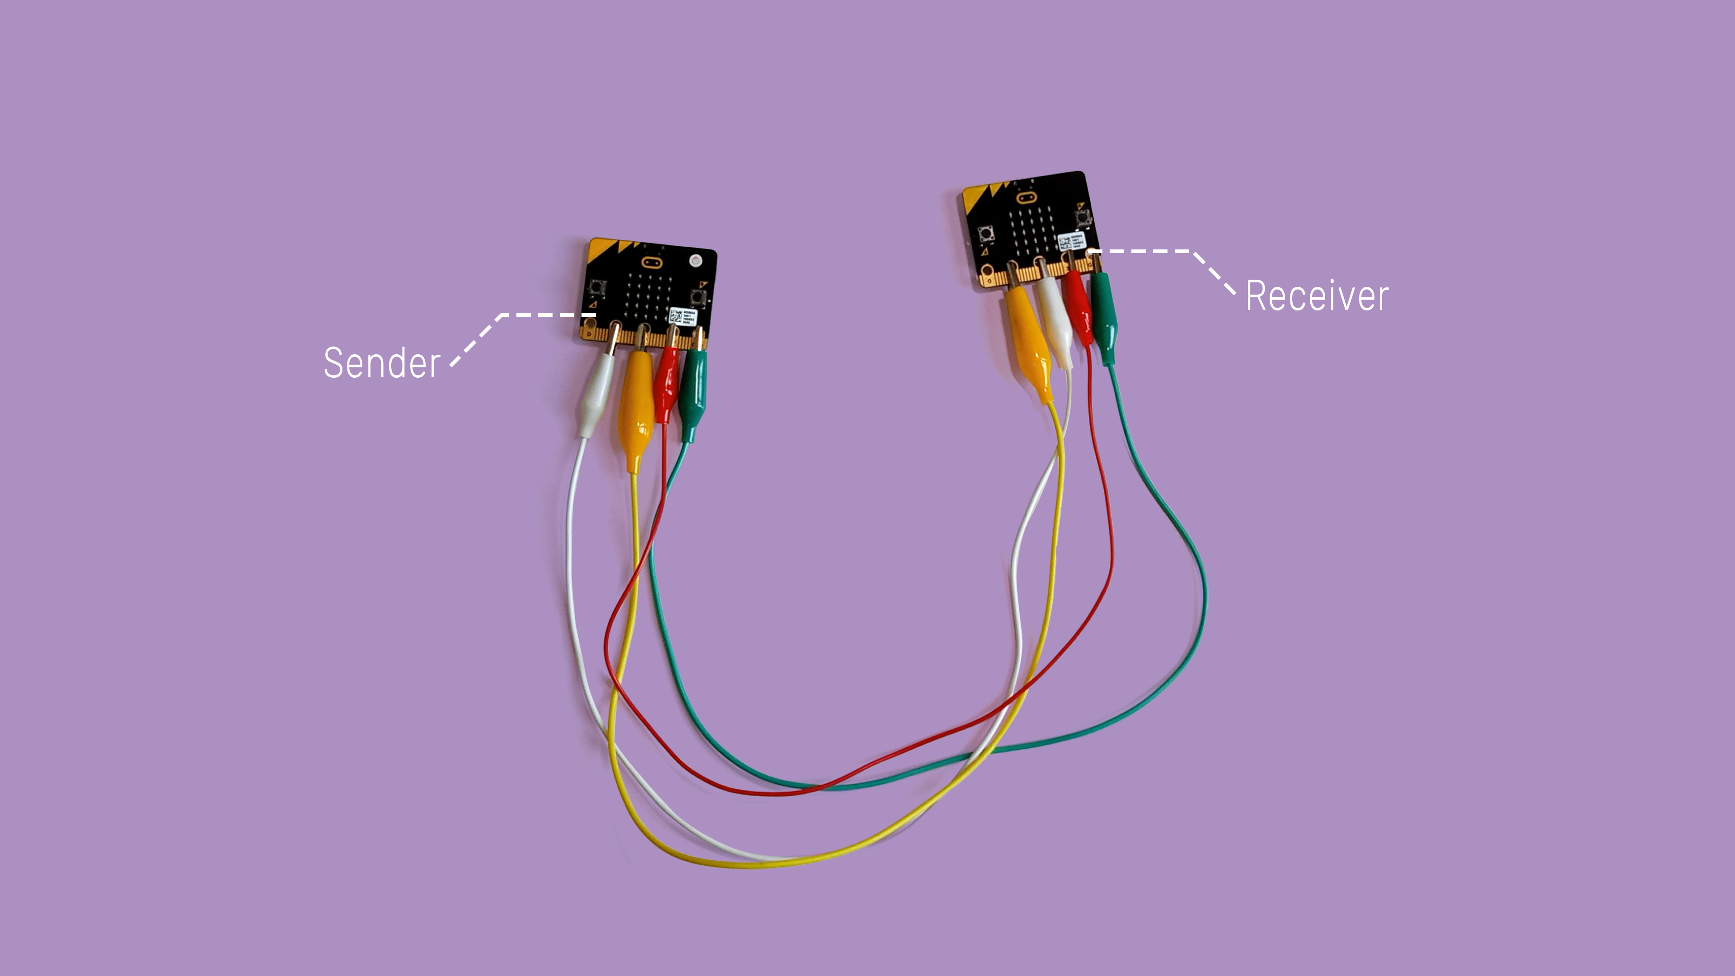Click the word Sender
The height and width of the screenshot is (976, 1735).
[x=382, y=363]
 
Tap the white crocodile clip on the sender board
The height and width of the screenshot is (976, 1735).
[x=596, y=398]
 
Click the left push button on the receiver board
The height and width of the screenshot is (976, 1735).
[x=985, y=234]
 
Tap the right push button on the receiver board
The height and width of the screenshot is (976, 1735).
[x=1083, y=217]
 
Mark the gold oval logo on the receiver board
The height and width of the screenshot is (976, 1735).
[x=1025, y=197]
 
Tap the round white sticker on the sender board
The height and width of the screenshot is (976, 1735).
[x=694, y=260]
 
